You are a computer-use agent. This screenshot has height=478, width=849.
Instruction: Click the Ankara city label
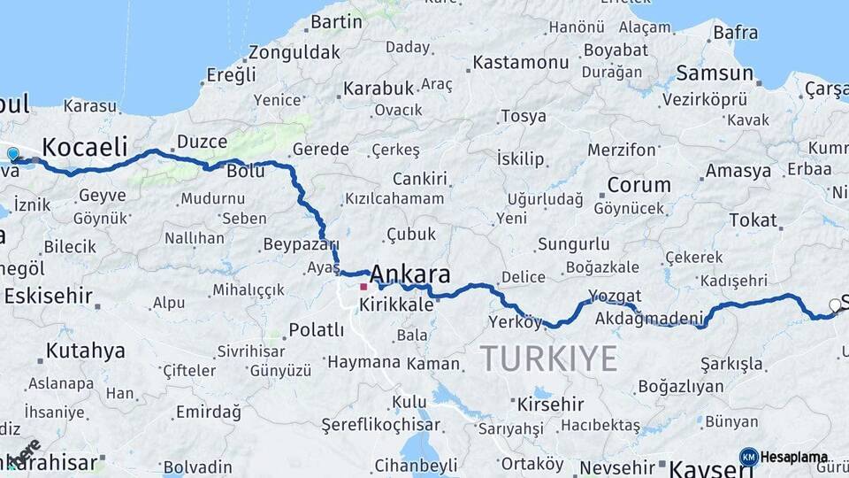(x=410, y=273)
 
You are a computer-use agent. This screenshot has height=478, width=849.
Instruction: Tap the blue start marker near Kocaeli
(x=12, y=155)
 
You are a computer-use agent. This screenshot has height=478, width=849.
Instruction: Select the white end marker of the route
(x=835, y=306)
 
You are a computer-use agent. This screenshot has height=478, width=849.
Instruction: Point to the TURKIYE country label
(x=548, y=358)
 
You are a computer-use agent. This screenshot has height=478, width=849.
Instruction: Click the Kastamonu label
(x=521, y=63)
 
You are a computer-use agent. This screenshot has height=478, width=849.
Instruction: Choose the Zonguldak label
(x=294, y=52)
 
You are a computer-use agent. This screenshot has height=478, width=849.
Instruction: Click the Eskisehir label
(x=48, y=296)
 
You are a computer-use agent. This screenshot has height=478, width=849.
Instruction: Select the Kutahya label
(x=85, y=351)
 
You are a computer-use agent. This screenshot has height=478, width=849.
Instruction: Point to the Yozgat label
(x=615, y=296)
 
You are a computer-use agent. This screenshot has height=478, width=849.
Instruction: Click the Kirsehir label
(x=549, y=405)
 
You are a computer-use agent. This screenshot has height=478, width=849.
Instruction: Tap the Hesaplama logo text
(x=794, y=457)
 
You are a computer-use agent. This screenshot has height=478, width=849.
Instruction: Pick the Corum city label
(x=639, y=186)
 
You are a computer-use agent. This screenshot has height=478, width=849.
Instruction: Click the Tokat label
(x=753, y=220)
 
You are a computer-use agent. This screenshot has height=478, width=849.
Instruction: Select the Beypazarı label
(x=302, y=243)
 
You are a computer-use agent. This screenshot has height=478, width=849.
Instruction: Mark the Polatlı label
(x=316, y=330)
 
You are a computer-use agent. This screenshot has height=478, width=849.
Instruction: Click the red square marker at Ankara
(x=363, y=287)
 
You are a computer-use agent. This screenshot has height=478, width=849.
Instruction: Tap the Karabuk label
(x=379, y=89)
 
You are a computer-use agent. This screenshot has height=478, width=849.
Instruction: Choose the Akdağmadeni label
(x=649, y=318)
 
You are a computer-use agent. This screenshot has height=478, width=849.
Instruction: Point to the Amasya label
(x=738, y=171)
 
